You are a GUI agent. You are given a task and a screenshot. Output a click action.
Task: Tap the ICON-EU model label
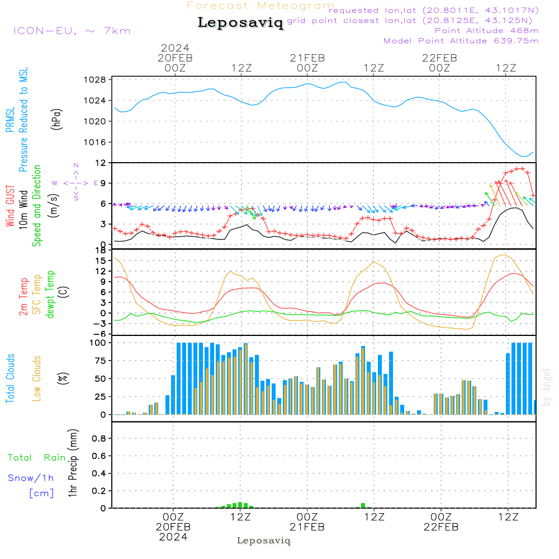tap(72, 31)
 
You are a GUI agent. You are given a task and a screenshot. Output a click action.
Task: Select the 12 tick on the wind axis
tap(101, 163)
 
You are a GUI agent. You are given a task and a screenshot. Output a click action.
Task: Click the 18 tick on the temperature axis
tap(101, 250)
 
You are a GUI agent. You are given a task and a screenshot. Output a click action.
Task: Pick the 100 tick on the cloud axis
tap(98, 343)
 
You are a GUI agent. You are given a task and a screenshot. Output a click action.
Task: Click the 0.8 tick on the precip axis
tap(99, 439)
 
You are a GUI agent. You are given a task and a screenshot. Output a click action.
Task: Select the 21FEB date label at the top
tap(307, 58)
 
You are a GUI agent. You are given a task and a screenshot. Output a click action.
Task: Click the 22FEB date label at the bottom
tap(440, 527)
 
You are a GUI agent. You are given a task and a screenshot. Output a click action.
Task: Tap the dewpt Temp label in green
tap(51, 295)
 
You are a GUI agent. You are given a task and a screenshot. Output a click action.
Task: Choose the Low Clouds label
tap(37, 378)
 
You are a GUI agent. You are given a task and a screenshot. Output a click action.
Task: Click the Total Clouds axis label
tap(11, 378)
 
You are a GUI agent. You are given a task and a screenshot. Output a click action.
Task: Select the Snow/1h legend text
tap(31, 478)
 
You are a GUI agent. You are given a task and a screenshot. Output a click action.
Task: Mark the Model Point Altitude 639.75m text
tap(461, 41)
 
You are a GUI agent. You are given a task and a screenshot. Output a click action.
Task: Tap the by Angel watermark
tap(547, 387)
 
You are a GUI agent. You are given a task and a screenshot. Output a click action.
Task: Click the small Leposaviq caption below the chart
tap(264, 541)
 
